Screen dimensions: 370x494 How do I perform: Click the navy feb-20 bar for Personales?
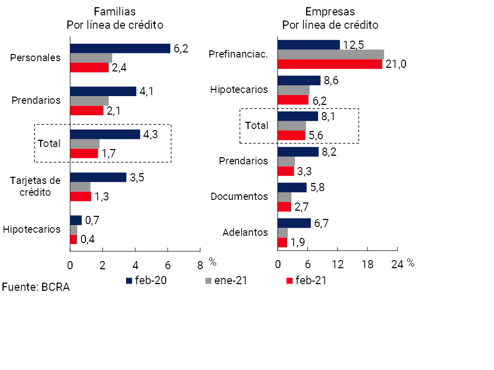coord(120,48)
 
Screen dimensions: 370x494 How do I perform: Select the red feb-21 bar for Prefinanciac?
coord(330,64)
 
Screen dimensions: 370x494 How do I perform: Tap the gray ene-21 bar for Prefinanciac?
coord(330,54)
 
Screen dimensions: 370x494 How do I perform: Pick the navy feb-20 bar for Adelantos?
coord(294,223)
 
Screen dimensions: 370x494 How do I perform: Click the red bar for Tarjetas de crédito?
coord(80,196)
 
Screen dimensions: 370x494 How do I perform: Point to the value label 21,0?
coord(396,64)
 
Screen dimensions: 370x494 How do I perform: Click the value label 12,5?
coord(354,44)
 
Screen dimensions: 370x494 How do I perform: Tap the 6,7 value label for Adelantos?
coord(325,223)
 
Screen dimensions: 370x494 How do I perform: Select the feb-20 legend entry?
coord(146,281)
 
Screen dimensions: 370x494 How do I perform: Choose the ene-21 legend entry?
coord(226,281)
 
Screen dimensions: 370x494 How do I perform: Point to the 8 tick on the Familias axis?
coord(200,265)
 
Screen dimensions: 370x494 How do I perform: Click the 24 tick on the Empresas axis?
coord(397,265)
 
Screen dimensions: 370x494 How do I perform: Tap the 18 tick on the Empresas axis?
coord(367,265)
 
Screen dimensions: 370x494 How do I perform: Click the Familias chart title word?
coord(115,11)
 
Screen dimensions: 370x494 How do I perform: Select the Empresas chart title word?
coord(330,11)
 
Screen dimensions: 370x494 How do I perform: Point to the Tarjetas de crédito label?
coord(36,186)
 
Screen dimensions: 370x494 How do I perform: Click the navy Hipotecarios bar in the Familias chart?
coord(76,220)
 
